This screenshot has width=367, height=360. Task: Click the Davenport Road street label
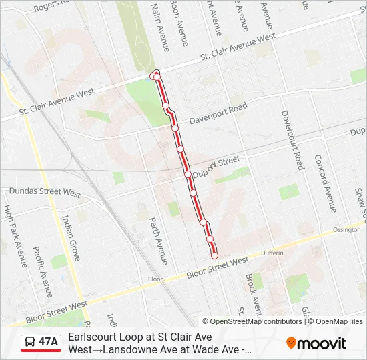pos(218,113)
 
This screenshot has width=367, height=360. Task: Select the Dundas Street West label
pos(45,193)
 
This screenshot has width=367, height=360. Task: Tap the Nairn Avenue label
pos(160,27)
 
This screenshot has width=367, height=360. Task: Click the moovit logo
pos(316,343)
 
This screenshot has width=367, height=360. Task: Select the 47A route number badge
pos(48,343)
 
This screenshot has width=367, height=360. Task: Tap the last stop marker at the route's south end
pos(214,255)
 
